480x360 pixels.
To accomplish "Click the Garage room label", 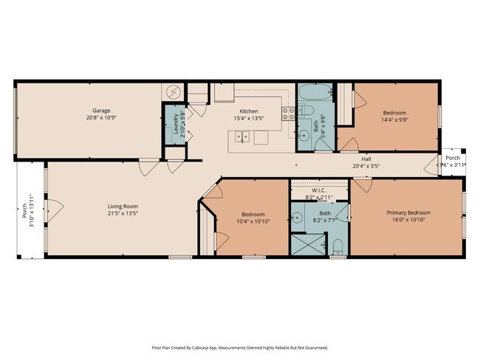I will (x=101, y=111).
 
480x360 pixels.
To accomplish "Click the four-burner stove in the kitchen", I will (x=289, y=113).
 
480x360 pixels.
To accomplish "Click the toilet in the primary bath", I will (x=337, y=246).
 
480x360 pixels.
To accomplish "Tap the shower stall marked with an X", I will (x=303, y=244).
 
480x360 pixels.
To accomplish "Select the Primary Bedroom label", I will (x=408, y=213).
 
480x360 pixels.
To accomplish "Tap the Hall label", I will (x=366, y=159).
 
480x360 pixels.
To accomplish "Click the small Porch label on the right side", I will (x=452, y=158).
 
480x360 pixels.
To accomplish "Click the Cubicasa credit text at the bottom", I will (x=240, y=347).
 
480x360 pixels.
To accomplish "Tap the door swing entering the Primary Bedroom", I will (x=360, y=186).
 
